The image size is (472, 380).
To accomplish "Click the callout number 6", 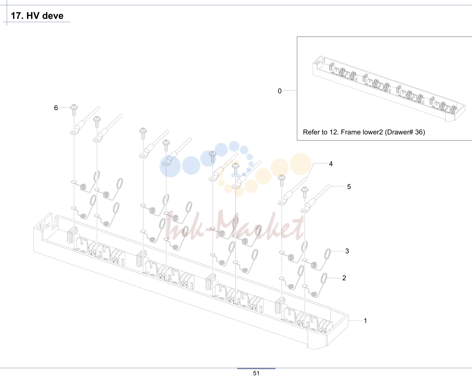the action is [x=56, y=108].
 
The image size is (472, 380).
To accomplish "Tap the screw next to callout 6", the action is [x=74, y=110].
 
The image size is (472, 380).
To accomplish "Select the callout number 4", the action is [x=331, y=164].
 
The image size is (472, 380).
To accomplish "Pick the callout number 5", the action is [x=349, y=187].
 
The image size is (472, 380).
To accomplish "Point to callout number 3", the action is [x=347, y=251].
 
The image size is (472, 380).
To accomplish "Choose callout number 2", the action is [x=344, y=278].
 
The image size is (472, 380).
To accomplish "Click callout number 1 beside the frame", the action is [x=365, y=321].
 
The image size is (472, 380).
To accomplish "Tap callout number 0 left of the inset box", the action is [x=280, y=91].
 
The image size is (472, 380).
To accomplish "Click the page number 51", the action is [x=256, y=373].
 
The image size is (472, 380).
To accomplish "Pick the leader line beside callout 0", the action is [x=290, y=91].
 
